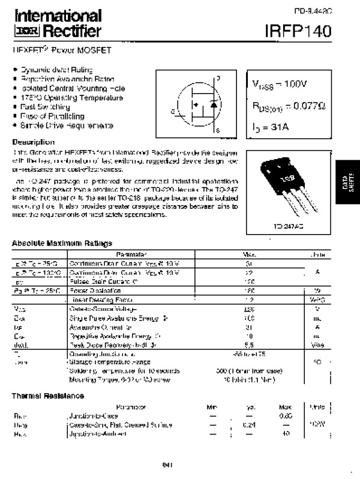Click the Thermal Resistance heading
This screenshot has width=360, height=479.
[x=49, y=396]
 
